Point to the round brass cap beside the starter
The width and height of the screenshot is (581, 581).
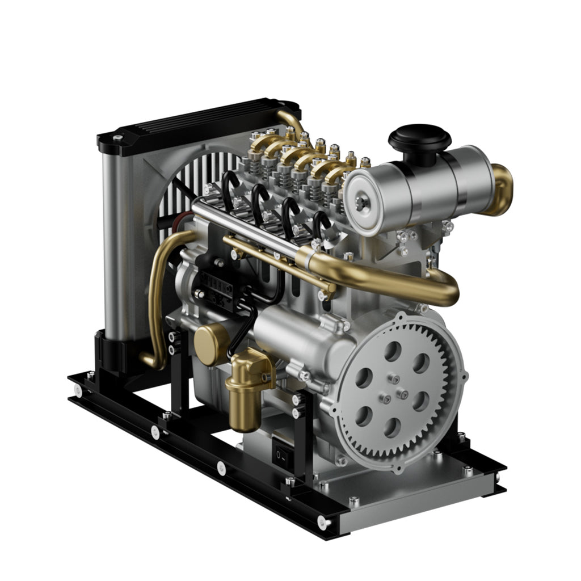210,345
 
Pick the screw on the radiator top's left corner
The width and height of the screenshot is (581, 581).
117,138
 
